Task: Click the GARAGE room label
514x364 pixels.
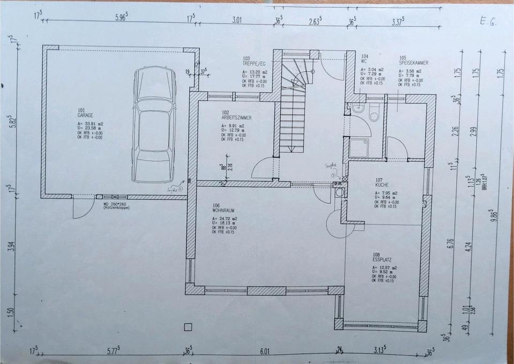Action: point(85,115)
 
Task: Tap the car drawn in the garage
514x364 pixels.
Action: point(154,124)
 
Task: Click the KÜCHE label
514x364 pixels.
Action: point(382,185)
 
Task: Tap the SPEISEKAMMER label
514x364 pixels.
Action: point(413,62)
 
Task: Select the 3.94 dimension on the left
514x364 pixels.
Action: point(11,249)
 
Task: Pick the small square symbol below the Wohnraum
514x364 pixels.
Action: point(187,326)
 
